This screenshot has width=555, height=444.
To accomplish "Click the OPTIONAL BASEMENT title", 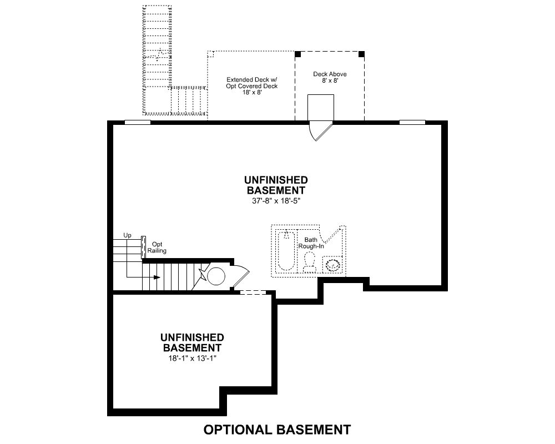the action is [x=277, y=430].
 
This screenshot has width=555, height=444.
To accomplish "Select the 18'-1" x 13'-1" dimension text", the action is [x=192, y=358].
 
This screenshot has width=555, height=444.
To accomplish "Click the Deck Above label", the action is [x=330, y=74].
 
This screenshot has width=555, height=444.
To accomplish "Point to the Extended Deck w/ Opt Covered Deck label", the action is [x=251, y=86].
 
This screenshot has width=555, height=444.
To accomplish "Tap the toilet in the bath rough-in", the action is [x=310, y=263].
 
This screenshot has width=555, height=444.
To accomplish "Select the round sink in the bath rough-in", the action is [x=332, y=265].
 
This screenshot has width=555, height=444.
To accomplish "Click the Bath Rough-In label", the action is [x=311, y=243].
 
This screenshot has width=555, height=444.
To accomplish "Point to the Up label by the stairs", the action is [x=128, y=235].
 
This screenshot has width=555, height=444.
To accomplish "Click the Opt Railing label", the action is [x=157, y=248].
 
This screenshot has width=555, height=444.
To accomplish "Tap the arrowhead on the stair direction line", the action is [x=157, y=277].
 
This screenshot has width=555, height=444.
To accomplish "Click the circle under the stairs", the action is [x=216, y=276].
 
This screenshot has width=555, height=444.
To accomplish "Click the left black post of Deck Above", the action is [x=298, y=54].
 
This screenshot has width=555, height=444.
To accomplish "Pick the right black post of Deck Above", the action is [x=361, y=54].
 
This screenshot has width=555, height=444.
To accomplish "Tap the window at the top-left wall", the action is [x=138, y=123].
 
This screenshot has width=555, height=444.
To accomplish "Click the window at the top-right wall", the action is [x=412, y=123].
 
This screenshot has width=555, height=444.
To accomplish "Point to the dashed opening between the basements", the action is [x=253, y=292].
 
